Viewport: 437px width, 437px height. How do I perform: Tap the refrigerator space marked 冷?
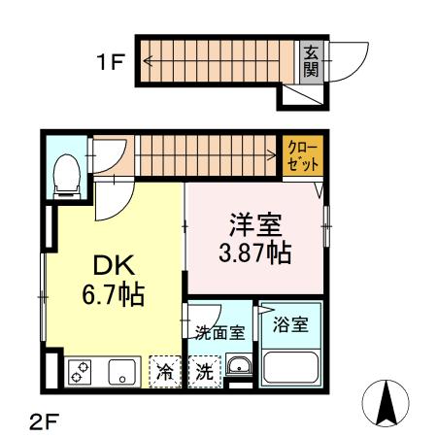coord(167,371)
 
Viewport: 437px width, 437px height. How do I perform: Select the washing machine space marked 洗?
coord(204,371)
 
